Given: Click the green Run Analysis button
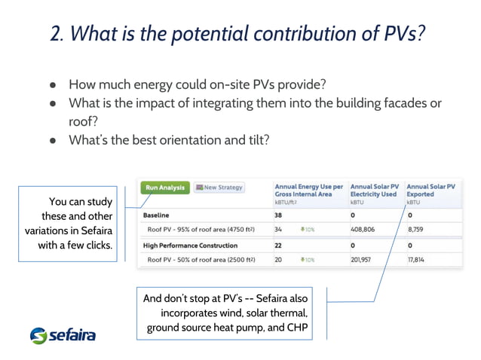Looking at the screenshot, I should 164,188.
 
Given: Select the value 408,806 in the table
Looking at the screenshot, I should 365,230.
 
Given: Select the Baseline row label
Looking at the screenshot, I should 156,215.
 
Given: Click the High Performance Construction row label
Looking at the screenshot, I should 190,246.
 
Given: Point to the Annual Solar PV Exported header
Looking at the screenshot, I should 430,191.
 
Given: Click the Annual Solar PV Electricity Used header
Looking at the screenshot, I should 373,191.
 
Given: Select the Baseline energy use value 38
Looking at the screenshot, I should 278,215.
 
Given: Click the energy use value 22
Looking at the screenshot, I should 278,246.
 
